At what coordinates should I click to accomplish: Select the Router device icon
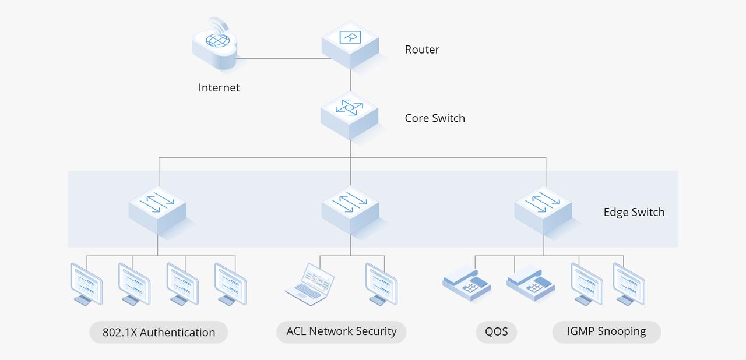350,44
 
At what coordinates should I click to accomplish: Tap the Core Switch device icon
350,114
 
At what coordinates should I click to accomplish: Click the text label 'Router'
422,50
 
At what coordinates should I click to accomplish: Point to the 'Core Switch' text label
435,118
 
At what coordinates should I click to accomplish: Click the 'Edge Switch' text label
634,212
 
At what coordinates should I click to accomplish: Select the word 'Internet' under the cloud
219,88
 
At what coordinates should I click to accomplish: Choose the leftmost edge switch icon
157,209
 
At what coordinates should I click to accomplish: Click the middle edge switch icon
350,209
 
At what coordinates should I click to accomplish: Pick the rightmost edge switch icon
543,209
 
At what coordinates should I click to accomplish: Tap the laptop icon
310,283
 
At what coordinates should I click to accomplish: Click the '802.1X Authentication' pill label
159,333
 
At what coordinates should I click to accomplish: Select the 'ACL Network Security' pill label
342,331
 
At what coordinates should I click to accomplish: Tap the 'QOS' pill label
497,332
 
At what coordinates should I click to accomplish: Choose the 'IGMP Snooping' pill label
606,331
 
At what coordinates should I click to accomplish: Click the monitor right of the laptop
381,284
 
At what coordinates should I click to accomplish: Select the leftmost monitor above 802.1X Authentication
86,284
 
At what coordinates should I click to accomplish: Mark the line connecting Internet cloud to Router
280,58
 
